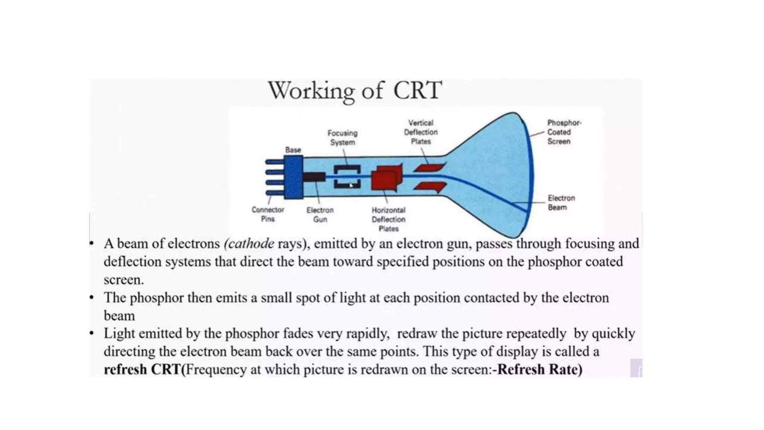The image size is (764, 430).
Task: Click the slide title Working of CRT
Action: pos(355,91)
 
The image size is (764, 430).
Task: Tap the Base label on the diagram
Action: pos(293,150)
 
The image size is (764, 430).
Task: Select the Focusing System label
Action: pos(342,138)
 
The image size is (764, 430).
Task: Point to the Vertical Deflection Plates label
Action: pos(421,132)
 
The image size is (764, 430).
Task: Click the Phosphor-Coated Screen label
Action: pos(563,132)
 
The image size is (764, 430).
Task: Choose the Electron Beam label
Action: pos(561,203)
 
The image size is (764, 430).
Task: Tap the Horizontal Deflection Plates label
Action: pos(388,219)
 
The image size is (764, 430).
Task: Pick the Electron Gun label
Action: pos(320,215)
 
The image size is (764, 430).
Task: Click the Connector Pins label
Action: pos(268,215)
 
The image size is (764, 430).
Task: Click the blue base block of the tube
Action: pos(293,177)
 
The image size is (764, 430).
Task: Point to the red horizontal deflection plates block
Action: pos(386,178)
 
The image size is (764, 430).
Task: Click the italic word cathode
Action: pos(250,244)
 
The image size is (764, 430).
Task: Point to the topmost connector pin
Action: pos(275,162)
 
